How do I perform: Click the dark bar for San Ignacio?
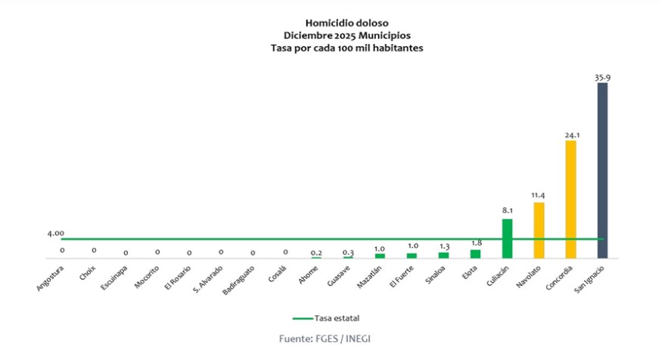[x=602, y=170]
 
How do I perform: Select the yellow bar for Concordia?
[x=571, y=199]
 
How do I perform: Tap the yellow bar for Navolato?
[x=539, y=230]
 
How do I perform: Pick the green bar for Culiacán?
[x=507, y=238]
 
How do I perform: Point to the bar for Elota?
[x=475, y=253]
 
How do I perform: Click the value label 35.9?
[x=602, y=76]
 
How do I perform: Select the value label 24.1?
[x=571, y=135]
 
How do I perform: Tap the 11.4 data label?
[x=539, y=196]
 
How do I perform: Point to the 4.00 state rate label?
[x=55, y=234]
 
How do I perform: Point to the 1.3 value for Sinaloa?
[x=443, y=245]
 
